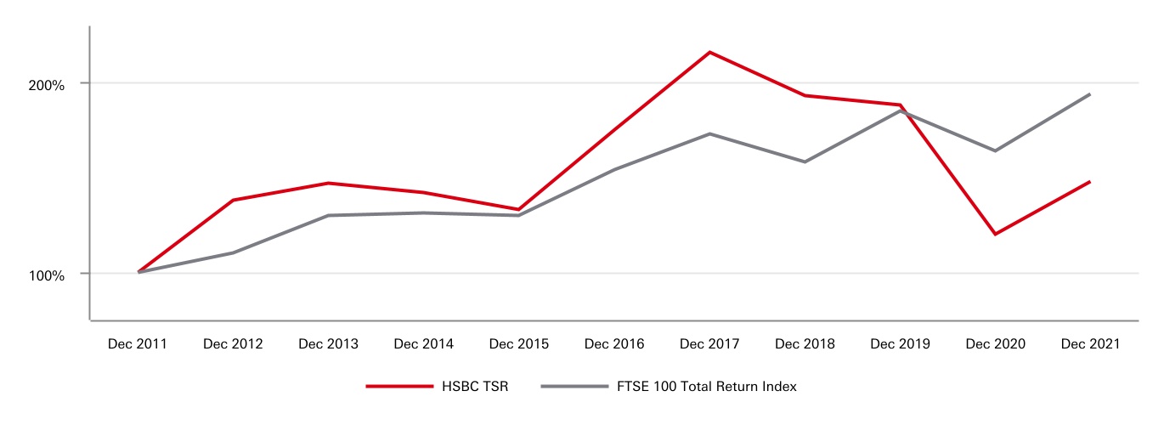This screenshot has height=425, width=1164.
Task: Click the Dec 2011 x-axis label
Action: pyautogui.click(x=138, y=344)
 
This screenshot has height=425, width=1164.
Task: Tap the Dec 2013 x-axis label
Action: pyautogui.click(x=328, y=344)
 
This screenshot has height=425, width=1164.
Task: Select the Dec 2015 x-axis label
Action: pyautogui.click(x=518, y=344)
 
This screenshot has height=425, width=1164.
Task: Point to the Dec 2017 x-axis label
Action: pyautogui.click(x=709, y=344)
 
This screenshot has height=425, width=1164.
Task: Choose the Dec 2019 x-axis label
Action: pyautogui.click(x=900, y=344)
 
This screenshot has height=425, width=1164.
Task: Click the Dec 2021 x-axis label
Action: pyautogui.click(x=1090, y=344)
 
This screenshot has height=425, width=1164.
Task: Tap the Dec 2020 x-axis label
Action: pyautogui.click(x=995, y=344)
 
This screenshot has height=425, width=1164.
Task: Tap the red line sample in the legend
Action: pyautogui.click(x=399, y=387)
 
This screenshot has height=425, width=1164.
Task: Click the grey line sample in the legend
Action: pyautogui.click(x=574, y=387)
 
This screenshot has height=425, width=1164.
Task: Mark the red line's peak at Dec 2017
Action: pyautogui.click(x=709, y=52)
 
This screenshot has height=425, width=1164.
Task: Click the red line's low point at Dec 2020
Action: pyautogui.click(x=995, y=234)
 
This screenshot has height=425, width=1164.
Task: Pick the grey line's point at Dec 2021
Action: pyautogui.click(x=1090, y=94)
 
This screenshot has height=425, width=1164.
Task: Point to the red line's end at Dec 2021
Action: pyautogui.click(x=1090, y=181)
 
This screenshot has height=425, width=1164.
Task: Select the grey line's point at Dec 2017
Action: pyautogui.click(x=709, y=133)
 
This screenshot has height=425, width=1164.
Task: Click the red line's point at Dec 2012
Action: pyautogui.click(x=233, y=200)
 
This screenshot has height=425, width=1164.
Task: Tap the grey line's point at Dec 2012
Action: pyautogui.click(x=233, y=252)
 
